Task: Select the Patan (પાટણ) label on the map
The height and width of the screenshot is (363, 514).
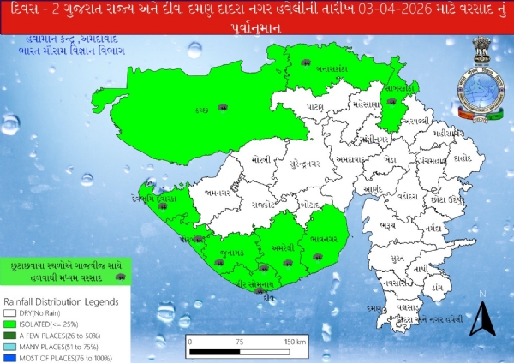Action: [x=316, y=109]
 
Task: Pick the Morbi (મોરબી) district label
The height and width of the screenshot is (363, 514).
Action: [x=260, y=161]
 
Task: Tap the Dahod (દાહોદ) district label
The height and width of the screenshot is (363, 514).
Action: [x=464, y=158]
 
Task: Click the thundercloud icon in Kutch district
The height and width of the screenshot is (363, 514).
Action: [x=223, y=107]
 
